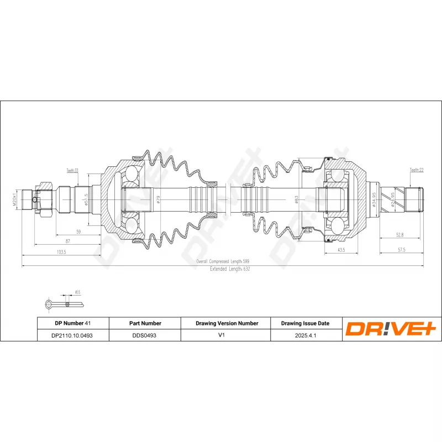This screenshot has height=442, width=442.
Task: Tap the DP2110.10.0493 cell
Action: point(72,335)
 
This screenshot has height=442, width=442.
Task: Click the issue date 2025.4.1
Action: point(306,335)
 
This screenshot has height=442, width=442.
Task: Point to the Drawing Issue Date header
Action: point(306,323)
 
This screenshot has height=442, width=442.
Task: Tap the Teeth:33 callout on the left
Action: point(72,171)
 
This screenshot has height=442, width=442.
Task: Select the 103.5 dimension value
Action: point(61,252)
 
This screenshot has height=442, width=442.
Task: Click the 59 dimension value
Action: point(78,232)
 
